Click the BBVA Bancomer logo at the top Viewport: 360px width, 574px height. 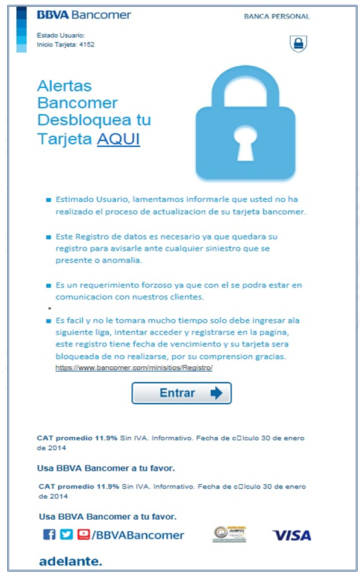click(84, 15)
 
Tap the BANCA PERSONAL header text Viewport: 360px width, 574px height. click(276, 16)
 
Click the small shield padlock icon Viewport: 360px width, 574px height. click(297, 43)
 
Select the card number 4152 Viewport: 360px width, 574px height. click(87, 44)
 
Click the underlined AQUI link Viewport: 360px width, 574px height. click(119, 139)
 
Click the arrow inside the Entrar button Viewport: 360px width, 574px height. click(216, 393)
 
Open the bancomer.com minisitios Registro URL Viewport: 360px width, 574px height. click(134, 367)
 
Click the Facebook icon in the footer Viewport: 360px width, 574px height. click(49, 534)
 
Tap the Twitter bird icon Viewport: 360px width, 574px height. click(66, 534)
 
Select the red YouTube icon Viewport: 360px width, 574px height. click(84, 534)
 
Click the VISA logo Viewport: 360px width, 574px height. click(291, 535)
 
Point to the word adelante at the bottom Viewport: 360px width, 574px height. click(70, 561)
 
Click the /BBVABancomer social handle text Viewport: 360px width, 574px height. click(138, 535)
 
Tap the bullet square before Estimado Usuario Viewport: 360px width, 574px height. click(49, 199)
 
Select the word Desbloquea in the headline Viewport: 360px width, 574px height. click(94, 119)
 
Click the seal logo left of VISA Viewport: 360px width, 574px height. click(229, 534)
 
